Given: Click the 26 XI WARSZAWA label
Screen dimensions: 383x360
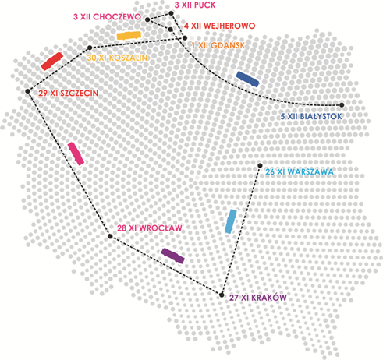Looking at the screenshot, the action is pyautogui.click(x=300, y=171).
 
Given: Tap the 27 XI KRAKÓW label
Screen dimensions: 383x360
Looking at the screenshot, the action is pyautogui.click(x=258, y=298).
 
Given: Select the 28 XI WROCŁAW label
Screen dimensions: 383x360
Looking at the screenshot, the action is pyautogui.click(x=150, y=228).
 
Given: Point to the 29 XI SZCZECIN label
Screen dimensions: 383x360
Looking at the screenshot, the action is pyautogui.click(x=69, y=93).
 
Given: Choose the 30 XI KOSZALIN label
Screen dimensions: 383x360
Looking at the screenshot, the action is pyautogui.click(x=117, y=58).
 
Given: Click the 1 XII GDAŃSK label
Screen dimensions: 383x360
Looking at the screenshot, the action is pyautogui.click(x=218, y=45).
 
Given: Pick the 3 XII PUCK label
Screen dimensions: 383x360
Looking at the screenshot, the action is pyautogui.click(x=195, y=5).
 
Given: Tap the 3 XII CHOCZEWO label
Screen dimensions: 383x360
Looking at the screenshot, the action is pyautogui.click(x=107, y=17).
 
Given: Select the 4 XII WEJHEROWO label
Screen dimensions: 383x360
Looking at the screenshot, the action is pyautogui.click(x=220, y=26).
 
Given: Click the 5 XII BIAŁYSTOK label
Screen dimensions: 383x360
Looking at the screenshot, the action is pyautogui.click(x=311, y=116).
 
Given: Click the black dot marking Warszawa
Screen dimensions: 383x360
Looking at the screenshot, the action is pyautogui.click(x=260, y=165).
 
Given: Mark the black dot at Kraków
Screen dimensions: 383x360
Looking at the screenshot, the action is pyautogui.click(x=222, y=295).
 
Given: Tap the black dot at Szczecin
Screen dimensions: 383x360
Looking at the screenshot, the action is pyautogui.click(x=27, y=91).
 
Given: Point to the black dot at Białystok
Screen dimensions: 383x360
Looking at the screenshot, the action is pyautogui.click(x=342, y=105).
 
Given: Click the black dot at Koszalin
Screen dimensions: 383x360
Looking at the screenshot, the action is pyautogui.click(x=90, y=48).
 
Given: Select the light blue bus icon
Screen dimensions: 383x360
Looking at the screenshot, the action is pyautogui.click(x=231, y=221).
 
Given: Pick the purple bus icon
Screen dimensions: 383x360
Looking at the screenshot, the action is pyautogui.click(x=172, y=256).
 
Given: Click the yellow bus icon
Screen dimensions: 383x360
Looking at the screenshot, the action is pyautogui.click(x=129, y=36).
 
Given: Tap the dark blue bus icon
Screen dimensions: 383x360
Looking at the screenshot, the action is pyautogui.click(x=247, y=79).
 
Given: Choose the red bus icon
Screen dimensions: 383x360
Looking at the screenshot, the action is pyautogui.click(x=52, y=62).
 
